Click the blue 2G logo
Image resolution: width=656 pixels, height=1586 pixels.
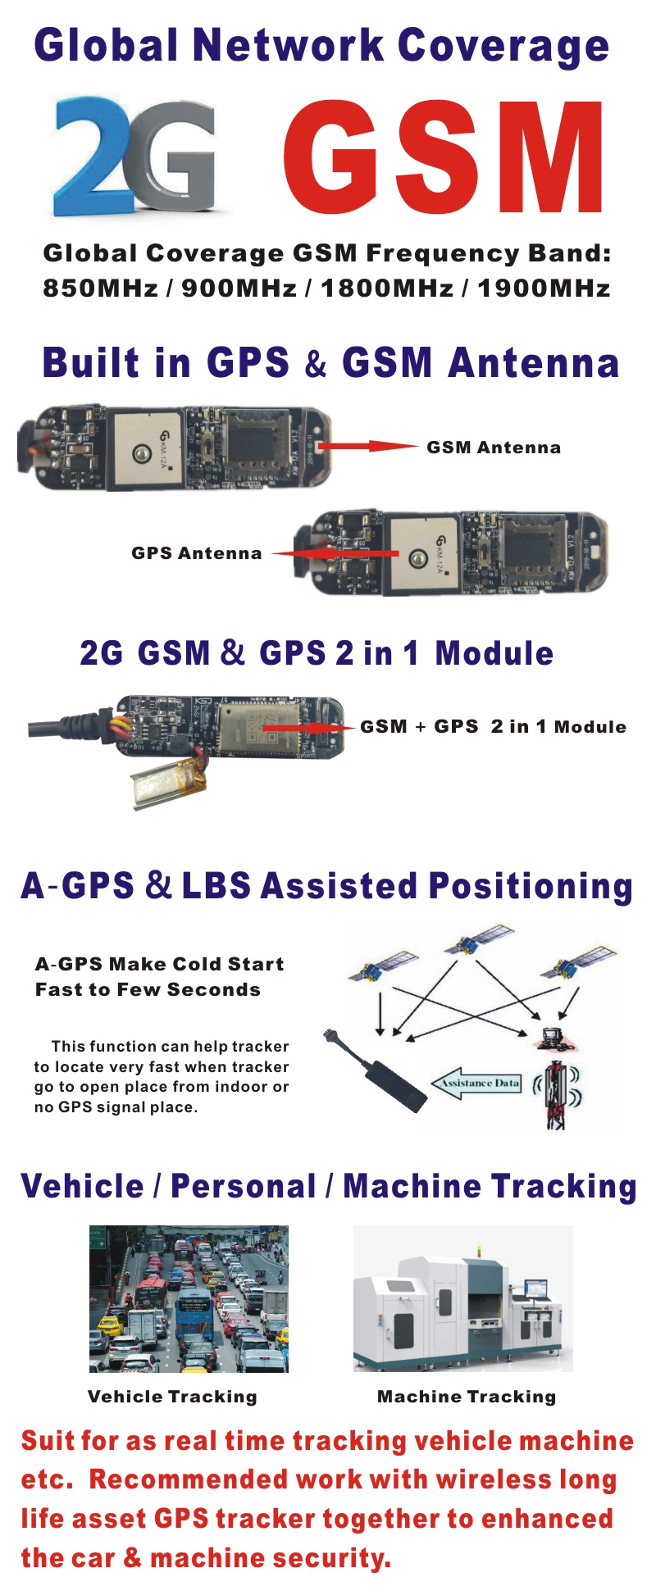click(x=135, y=156)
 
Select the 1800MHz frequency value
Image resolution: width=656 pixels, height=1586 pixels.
click(x=387, y=289)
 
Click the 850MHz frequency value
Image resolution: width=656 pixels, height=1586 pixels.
click(x=100, y=289)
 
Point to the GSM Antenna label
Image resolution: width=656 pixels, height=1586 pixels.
click(x=494, y=448)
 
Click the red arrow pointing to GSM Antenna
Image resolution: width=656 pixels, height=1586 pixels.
click(x=368, y=446)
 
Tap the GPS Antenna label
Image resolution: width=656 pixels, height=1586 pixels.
click(x=197, y=553)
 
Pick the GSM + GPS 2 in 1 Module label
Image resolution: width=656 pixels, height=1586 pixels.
click(x=493, y=727)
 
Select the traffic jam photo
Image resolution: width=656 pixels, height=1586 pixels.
click(x=189, y=1299)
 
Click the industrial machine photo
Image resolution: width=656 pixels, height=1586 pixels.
click(x=463, y=1298)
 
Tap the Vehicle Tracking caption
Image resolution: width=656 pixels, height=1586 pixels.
click(x=172, y=1397)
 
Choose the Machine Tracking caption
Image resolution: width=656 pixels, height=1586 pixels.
click(x=467, y=1397)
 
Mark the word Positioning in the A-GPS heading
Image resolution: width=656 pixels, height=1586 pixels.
click(x=531, y=887)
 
